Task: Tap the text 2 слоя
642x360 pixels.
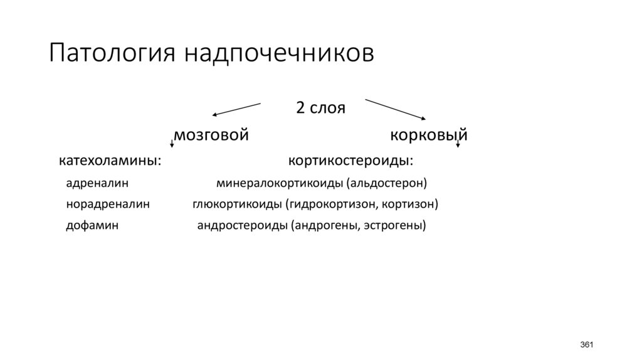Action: (320, 107)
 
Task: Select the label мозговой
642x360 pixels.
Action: (211, 135)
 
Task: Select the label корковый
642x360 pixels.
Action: (429, 135)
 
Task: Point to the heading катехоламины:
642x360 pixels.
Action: (110, 161)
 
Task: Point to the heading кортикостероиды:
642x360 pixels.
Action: (350, 161)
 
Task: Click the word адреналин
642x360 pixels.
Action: (97, 183)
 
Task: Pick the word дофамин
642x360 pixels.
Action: (92, 225)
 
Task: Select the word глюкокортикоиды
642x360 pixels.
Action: (238, 204)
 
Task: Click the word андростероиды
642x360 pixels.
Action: (242, 225)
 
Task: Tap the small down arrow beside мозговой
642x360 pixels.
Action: (172, 143)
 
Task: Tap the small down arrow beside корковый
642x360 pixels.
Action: (458, 143)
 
